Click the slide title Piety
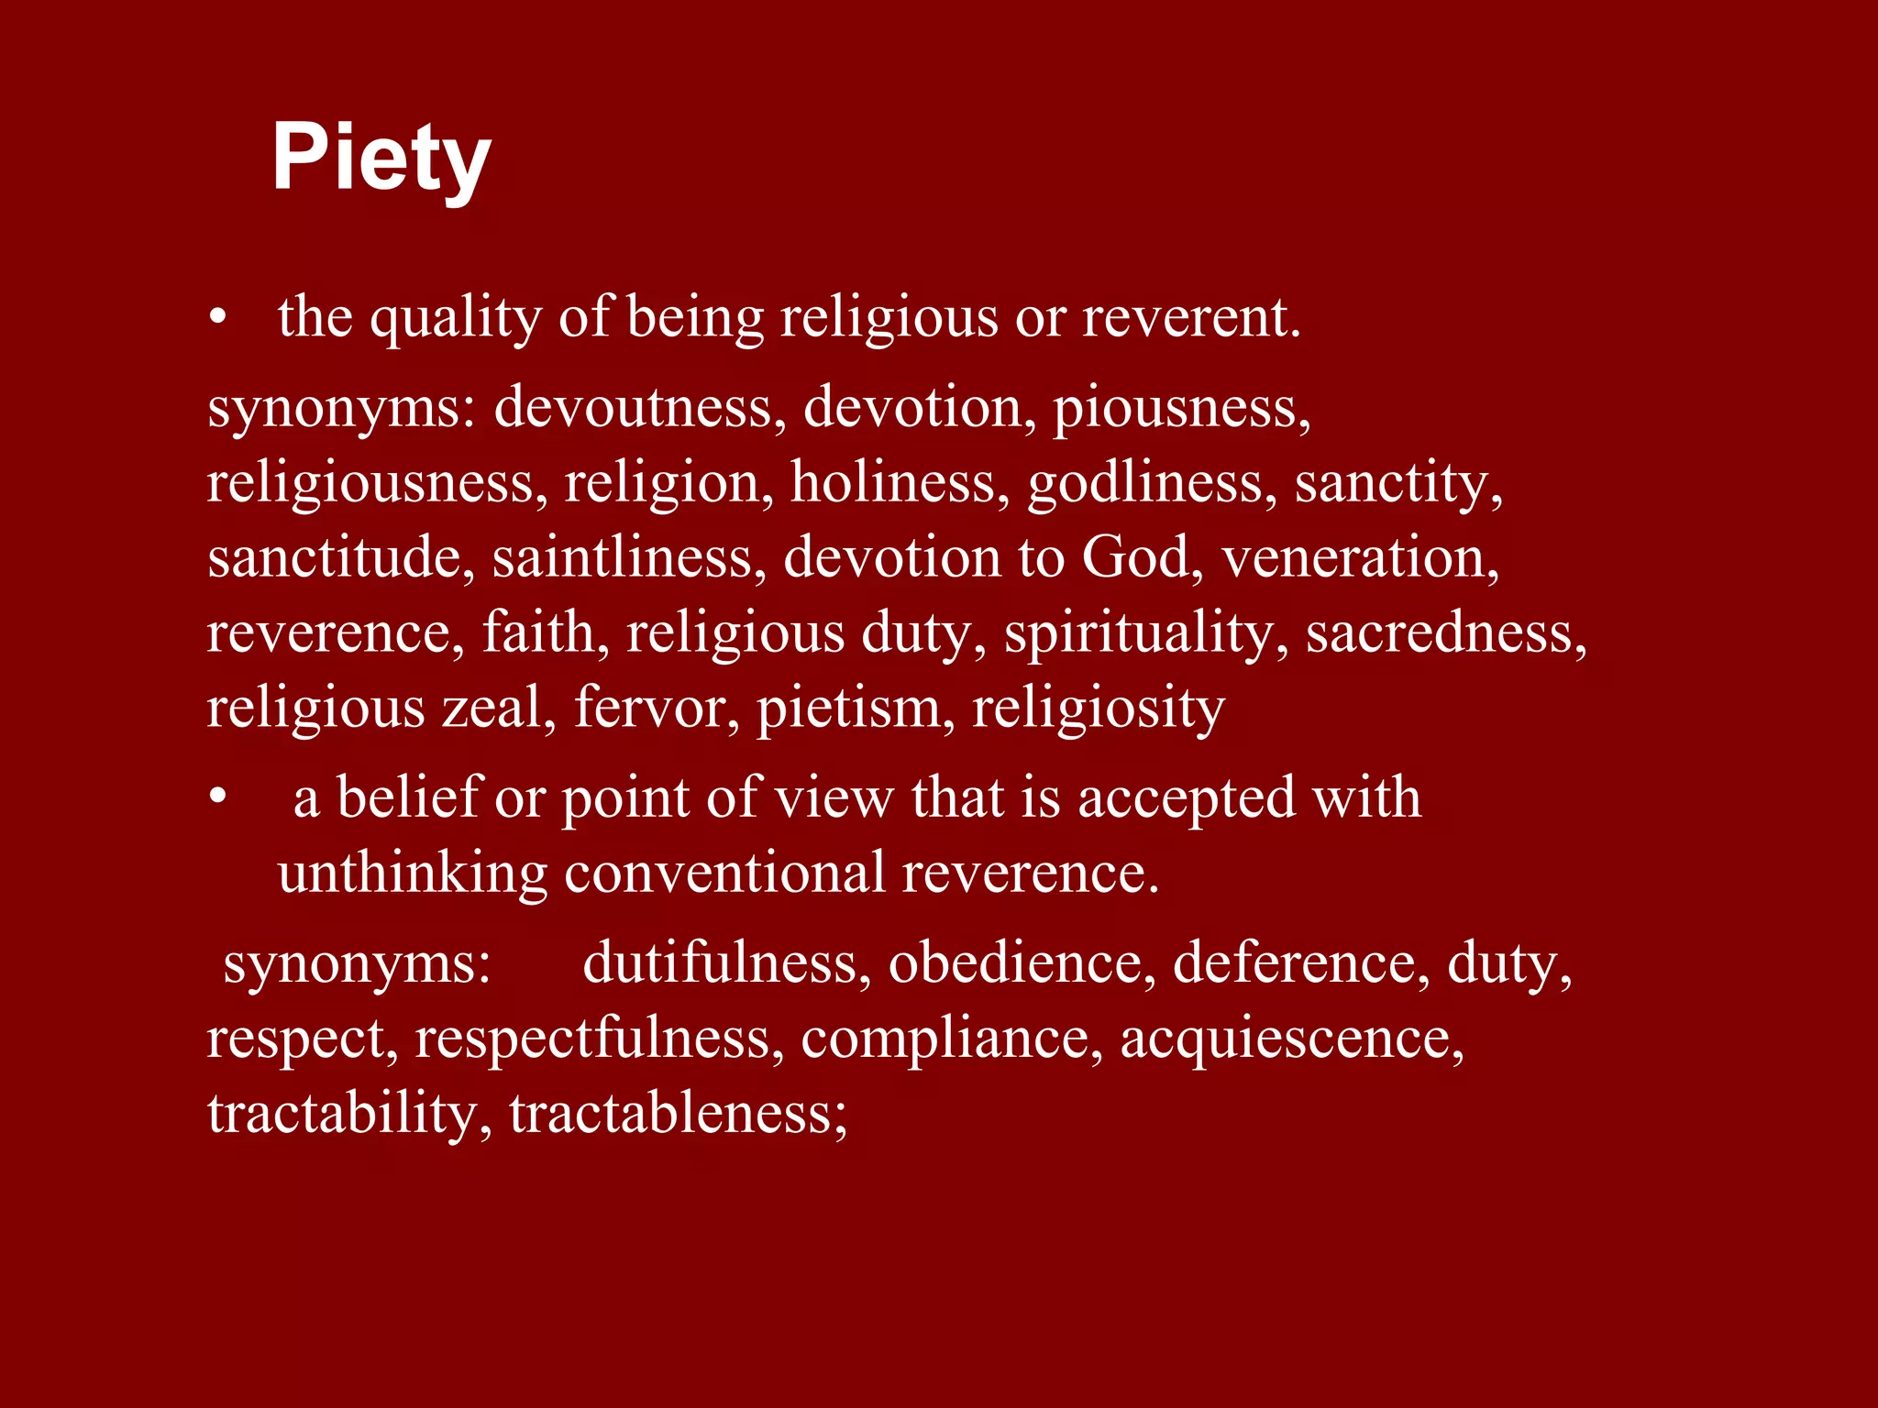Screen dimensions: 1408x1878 pos(381,159)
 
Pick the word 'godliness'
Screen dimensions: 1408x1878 pos(1151,484)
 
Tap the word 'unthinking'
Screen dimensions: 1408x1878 pos(412,873)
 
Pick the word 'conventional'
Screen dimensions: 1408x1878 pos(724,873)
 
